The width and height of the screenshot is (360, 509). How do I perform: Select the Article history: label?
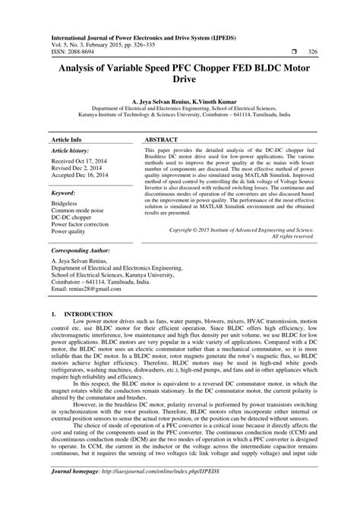(72, 152)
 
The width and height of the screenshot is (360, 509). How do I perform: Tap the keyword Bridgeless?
(65, 205)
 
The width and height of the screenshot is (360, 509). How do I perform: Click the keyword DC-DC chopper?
(74, 220)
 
